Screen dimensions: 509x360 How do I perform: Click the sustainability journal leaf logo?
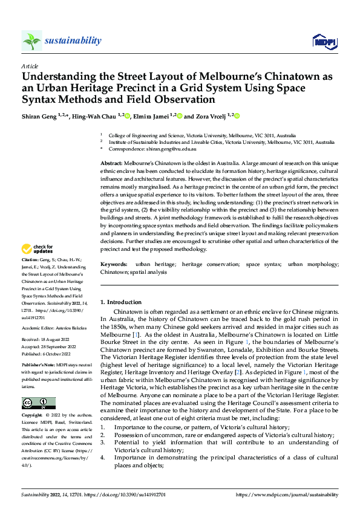31,41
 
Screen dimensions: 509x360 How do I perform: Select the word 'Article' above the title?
30,66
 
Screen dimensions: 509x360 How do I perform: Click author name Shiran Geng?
41,115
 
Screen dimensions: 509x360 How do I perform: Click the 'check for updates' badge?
37,248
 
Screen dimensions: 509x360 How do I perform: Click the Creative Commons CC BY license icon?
39,403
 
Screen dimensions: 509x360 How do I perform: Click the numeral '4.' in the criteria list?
102,457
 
